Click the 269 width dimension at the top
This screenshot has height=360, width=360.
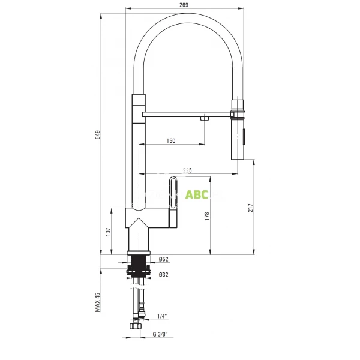pyautogui.click(x=184, y=5)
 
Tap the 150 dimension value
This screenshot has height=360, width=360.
pyautogui.click(x=171, y=141)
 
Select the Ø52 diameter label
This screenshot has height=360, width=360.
pyautogui.click(x=163, y=259)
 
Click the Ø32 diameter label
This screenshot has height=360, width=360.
pyautogui.click(x=163, y=275)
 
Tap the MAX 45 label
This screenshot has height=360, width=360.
pyautogui.click(x=98, y=302)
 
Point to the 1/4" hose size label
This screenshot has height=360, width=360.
pyautogui.click(x=162, y=316)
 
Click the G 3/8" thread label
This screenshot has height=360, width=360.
pyautogui.click(x=160, y=334)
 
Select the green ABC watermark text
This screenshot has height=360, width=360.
pyautogui.click(x=197, y=194)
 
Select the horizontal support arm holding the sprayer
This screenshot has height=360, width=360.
pyautogui.click(x=186, y=113)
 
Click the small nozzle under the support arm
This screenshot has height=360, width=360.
pyautogui.click(x=205, y=119)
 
